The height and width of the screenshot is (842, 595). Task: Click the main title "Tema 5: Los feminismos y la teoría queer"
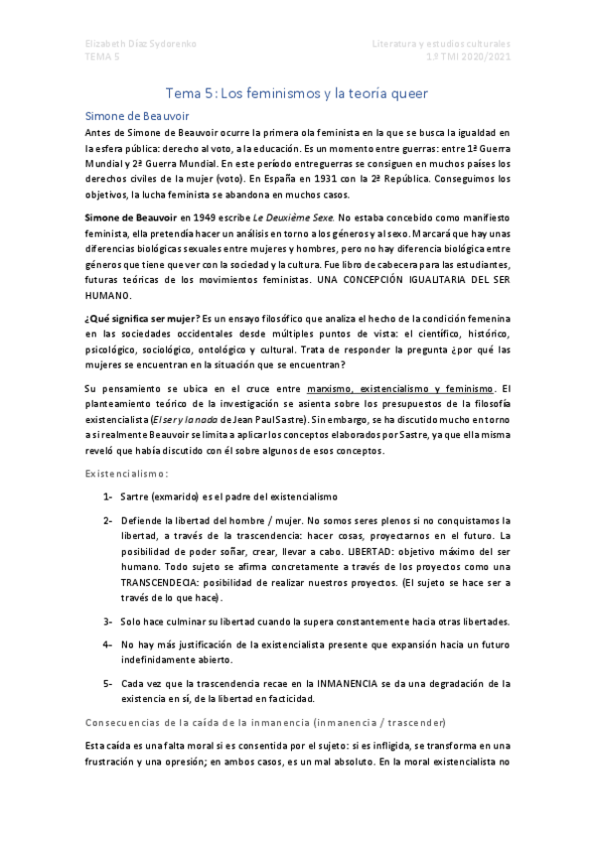click(296, 93)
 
